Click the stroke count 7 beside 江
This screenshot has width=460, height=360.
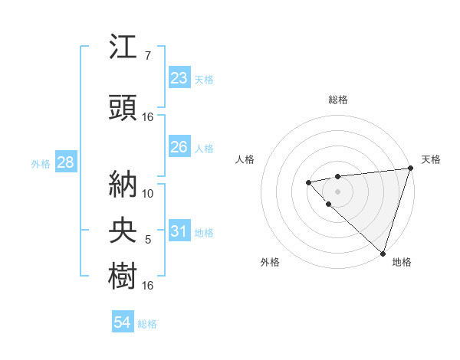(x=148, y=56)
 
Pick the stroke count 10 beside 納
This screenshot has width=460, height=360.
(x=148, y=193)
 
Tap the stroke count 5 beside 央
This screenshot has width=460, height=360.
(x=148, y=241)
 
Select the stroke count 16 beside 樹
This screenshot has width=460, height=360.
(x=148, y=286)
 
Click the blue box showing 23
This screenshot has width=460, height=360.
(x=179, y=78)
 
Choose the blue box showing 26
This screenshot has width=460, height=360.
(x=179, y=147)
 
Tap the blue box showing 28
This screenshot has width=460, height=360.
(x=64, y=163)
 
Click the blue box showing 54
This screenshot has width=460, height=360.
(x=122, y=323)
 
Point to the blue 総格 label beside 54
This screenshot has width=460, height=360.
(x=147, y=324)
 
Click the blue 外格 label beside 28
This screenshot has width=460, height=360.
(x=41, y=164)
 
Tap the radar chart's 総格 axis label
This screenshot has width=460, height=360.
(x=337, y=100)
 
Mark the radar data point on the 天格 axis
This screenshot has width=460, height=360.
(x=410, y=169)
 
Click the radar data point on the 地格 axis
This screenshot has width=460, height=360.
(x=383, y=253)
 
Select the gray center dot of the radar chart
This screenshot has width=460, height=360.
(x=337, y=191)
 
